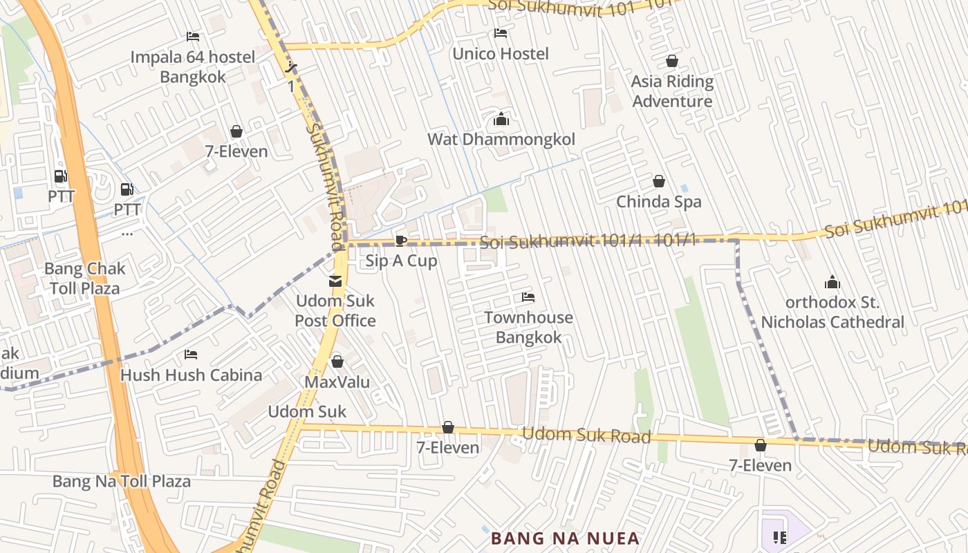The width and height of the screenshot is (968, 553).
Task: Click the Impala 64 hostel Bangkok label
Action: click(x=193, y=67)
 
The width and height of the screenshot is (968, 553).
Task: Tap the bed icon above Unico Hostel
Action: click(x=501, y=33)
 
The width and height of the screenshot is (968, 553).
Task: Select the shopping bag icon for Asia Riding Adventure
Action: click(x=671, y=62)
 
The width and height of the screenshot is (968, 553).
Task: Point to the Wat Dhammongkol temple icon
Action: click(x=501, y=119)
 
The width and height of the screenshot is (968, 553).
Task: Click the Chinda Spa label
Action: click(x=658, y=202)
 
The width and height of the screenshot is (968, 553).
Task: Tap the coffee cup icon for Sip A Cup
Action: click(x=400, y=241)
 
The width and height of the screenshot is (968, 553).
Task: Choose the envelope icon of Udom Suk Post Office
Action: click(x=335, y=281)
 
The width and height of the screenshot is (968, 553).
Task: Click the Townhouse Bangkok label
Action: click(x=528, y=328)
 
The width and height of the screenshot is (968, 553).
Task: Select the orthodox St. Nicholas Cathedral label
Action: click(x=832, y=312)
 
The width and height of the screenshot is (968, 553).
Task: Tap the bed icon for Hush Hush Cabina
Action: click(x=191, y=355)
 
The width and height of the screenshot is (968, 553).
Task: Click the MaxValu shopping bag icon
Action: click(x=337, y=362)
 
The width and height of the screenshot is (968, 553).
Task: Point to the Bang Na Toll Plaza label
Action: click(x=122, y=481)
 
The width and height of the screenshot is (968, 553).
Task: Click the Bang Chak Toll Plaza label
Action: click(x=84, y=279)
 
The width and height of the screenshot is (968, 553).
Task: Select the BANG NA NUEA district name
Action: click(x=565, y=538)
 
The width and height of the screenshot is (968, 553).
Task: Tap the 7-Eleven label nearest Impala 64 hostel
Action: click(x=236, y=151)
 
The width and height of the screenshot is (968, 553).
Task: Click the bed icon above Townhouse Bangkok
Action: click(x=528, y=297)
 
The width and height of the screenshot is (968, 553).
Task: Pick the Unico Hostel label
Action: click(x=501, y=54)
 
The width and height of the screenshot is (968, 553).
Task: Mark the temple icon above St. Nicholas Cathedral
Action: click(x=832, y=282)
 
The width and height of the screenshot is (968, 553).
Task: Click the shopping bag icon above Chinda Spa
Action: click(x=659, y=181)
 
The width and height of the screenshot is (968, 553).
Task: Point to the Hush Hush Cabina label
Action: click(x=191, y=375)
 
